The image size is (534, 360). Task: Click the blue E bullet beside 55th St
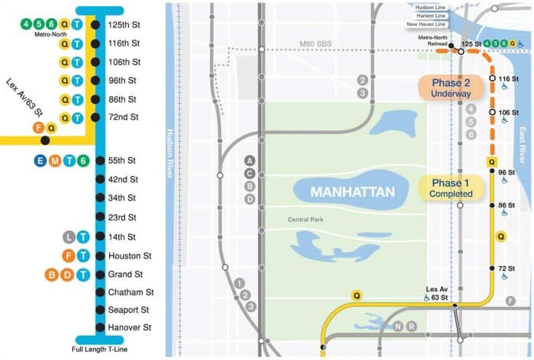[x=40, y=160]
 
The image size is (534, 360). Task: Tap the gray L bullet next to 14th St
[x=68, y=237]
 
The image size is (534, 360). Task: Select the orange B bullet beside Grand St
[x=53, y=274]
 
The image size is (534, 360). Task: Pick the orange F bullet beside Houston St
[x=68, y=256]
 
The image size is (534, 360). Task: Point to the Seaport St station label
[x=128, y=310]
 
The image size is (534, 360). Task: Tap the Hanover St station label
[x=129, y=328]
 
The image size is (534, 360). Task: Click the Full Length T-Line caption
[x=98, y=349]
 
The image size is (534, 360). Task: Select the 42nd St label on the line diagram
[x=122, y=179]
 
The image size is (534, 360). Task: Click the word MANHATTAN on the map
[x=347, y=191]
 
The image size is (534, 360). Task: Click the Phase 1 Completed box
[x=452, y=188]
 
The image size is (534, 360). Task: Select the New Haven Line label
[x=433, y=24]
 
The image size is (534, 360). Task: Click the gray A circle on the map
[x=249, y=160]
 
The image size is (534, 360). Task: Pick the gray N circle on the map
[x=397, y=326]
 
